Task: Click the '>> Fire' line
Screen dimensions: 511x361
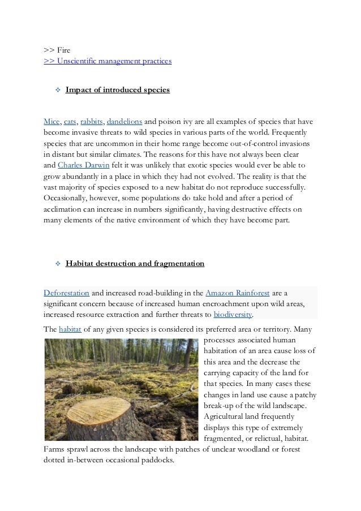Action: coord(57,50)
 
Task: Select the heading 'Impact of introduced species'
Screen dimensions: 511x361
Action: coord(117,90)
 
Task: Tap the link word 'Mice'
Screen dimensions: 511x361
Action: coord(52,122)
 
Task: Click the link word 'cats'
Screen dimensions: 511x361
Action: coord(70,122)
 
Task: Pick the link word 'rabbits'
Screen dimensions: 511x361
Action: coord(92,122)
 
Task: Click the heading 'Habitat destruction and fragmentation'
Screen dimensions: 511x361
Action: coord(135,264)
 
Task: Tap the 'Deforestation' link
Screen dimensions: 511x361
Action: coord(66,293)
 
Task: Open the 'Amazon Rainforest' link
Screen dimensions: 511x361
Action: coord(238,293)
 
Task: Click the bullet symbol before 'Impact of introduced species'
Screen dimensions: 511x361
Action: coord(57,90)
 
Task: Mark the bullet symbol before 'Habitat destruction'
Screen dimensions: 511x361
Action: coord(57,264)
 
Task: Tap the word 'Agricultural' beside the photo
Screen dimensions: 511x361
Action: coord(225,416)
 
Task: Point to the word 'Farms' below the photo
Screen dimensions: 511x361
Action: coord(54,449)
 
